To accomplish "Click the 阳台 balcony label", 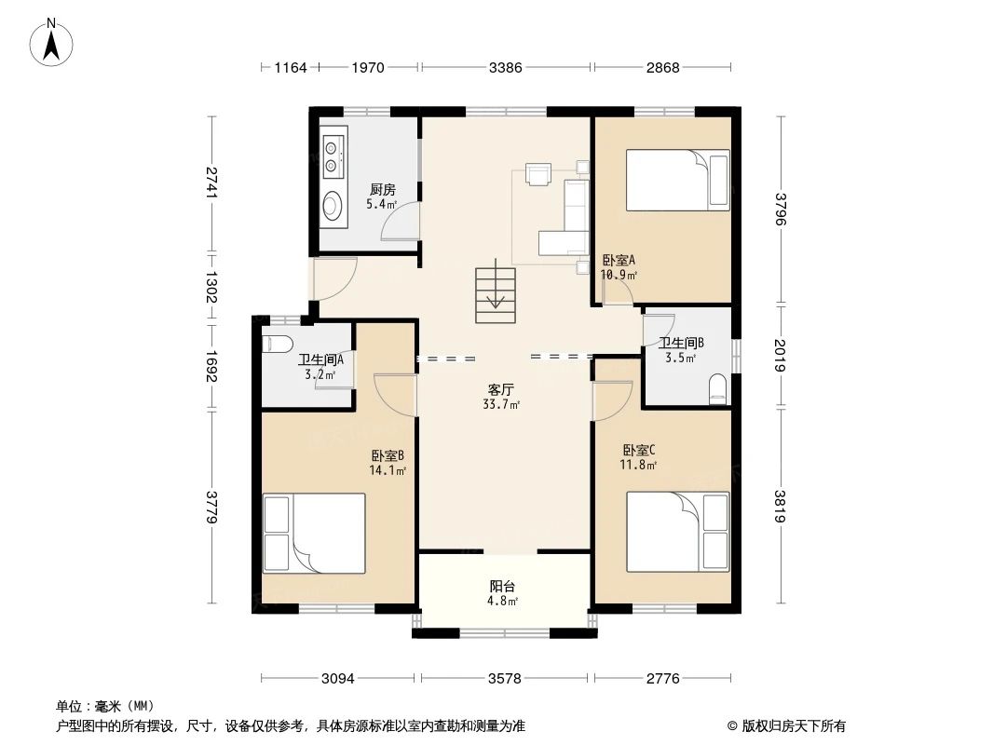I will point(503,587).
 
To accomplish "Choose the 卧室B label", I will point(388,456).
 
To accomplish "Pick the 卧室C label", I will point(639,449).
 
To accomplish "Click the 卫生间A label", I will point(320,360).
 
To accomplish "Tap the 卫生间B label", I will point(681,343).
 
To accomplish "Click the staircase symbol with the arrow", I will point(495,295).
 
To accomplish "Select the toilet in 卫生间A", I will point(279,344).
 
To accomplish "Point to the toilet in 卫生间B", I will point(717,389).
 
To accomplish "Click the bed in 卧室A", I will point(676,181).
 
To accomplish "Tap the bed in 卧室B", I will point(314,534).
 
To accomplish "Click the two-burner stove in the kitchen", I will point(333,157).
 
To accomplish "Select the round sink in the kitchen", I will point(333,205).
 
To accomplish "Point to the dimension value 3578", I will point(504,679).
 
